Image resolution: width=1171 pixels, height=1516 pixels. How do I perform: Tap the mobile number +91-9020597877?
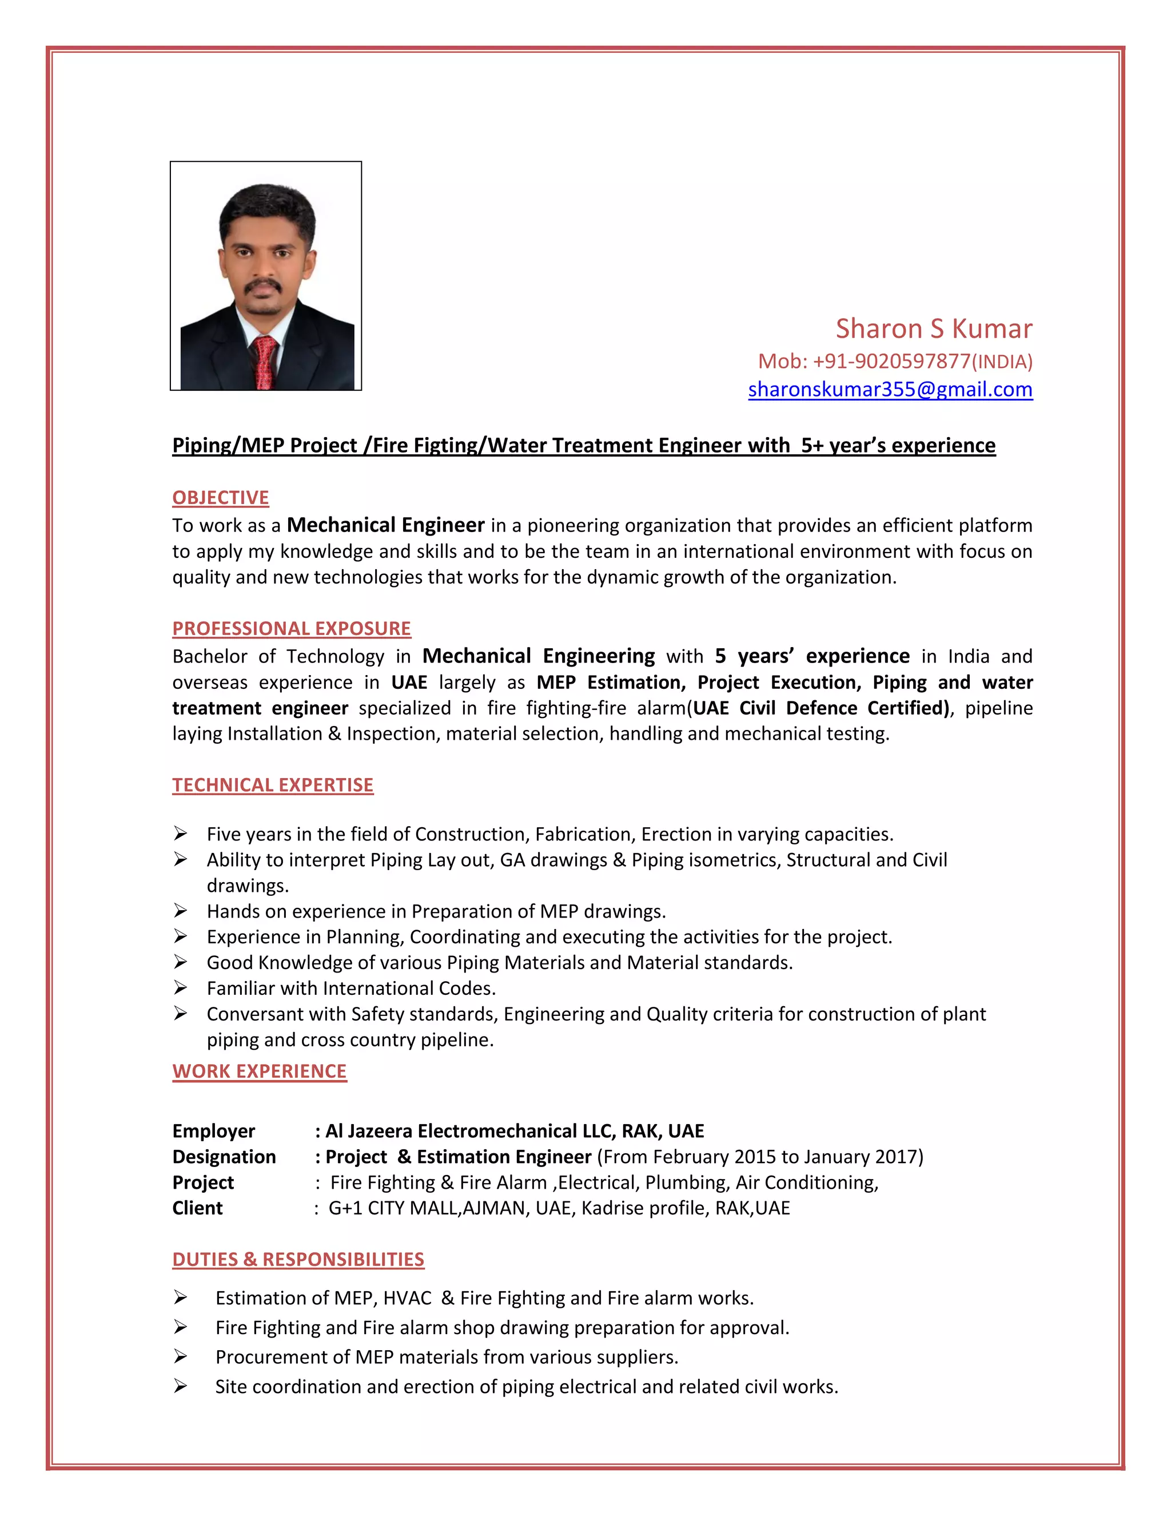891,361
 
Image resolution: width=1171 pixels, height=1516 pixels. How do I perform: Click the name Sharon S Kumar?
933,328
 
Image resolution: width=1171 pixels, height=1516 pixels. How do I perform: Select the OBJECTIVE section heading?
221,498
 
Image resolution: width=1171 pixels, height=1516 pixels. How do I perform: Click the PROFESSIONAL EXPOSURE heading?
292,628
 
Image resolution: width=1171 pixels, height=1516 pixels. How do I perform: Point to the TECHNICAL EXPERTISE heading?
273,784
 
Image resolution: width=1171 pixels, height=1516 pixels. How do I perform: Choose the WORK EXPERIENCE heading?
260,1071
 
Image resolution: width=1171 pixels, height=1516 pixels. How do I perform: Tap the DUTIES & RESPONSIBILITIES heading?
298,1259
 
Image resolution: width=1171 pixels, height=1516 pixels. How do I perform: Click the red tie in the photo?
264,361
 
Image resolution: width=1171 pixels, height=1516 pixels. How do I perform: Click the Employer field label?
214,1131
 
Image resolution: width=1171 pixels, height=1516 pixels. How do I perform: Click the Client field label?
198,1208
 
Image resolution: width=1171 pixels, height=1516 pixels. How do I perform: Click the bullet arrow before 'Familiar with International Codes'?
180,988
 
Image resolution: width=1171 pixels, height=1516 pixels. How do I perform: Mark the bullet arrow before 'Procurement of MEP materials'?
180,1356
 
